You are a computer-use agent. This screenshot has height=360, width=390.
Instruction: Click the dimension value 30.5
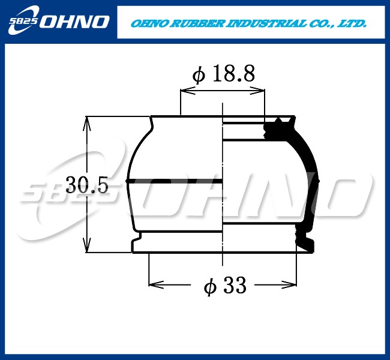pos(86,185)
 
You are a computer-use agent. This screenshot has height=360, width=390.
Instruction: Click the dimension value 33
pos(235,287)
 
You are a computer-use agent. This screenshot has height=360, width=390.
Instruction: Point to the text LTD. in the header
pos(352,25)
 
